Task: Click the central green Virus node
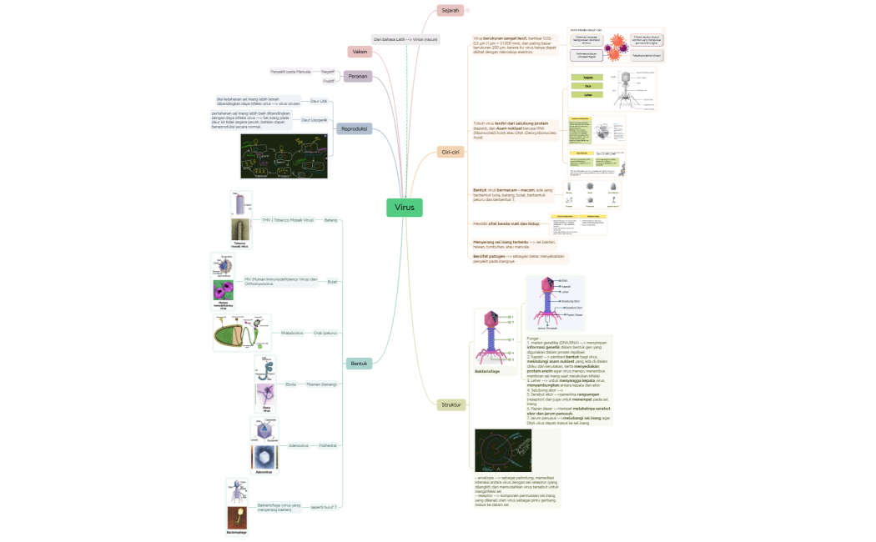click(405, 207)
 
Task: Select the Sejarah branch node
click(450, 10)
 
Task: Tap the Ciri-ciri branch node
click(450, 153)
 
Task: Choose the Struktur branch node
click(451, 404)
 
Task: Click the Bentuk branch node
click(359, 364)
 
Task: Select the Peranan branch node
click(359, 76)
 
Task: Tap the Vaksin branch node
click(360, 52)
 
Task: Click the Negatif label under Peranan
click(328, 72)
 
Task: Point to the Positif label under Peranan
click(329, 81)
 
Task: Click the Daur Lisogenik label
click(314, 120)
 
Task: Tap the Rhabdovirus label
click(292, 333)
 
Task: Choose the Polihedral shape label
click(328, 445)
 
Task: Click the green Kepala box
click(588, 77)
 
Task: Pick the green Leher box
click(588, 95)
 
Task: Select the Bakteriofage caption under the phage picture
click(487, 371)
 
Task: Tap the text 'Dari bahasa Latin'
click(390, 39)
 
